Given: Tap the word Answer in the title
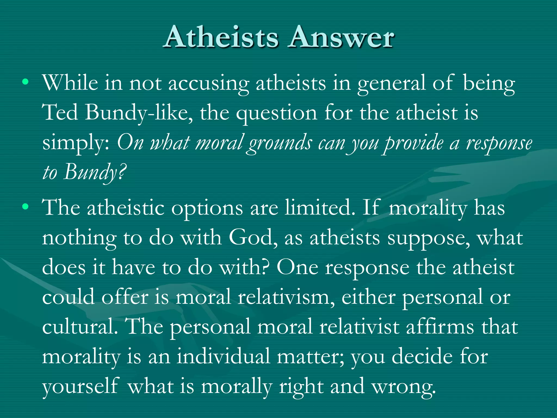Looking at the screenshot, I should click(x=342, y=38).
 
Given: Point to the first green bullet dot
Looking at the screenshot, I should click(x=25, y=82).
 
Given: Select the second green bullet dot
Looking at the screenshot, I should click(x=25, y=207).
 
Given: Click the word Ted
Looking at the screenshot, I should click(x=60, y=112).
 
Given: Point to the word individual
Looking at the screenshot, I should click(x=223, y=356).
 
